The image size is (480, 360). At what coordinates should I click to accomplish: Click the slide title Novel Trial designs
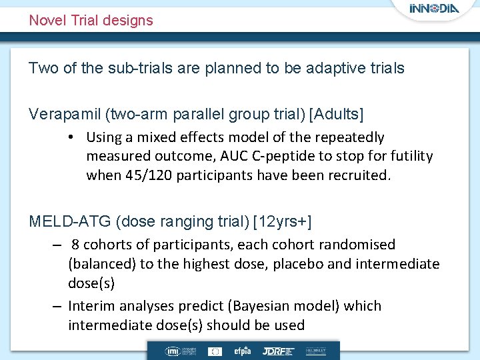[91, 20]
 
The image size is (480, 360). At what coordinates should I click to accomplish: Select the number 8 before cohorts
[76, 245]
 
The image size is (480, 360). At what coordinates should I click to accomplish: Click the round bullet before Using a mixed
[70, 137]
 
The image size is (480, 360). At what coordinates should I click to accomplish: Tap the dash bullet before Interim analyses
[58, 306]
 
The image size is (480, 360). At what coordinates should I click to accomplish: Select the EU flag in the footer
[215, 351]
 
